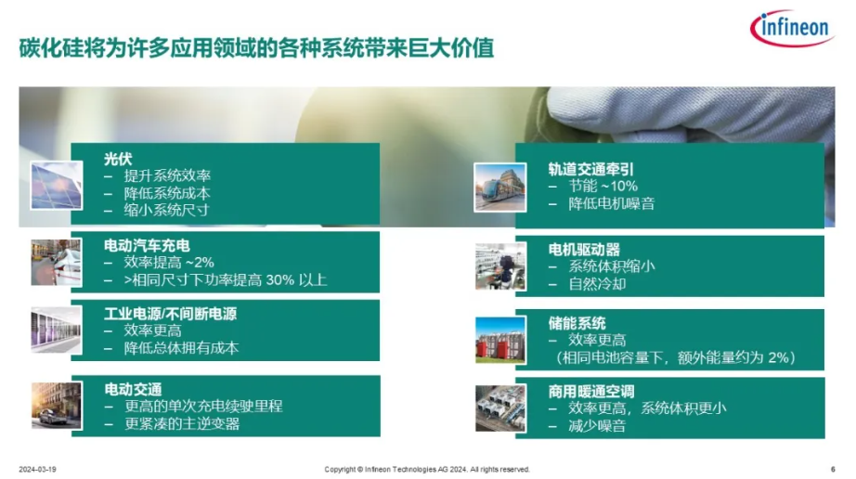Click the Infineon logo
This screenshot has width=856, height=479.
793,27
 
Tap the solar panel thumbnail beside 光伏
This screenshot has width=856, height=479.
57,186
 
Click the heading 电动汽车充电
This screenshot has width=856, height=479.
147,245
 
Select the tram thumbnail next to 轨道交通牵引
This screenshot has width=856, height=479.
500,188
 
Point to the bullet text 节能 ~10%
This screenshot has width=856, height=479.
603,186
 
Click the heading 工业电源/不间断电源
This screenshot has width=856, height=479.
170,314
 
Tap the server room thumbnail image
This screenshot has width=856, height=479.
57,330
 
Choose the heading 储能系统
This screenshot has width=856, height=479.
577,323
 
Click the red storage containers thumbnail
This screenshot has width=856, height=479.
500,340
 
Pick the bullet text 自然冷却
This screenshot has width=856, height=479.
597,284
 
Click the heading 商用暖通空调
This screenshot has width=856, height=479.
591,391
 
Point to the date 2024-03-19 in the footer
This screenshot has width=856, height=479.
38,469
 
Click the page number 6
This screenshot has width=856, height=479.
833,469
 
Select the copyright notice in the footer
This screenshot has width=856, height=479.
427,469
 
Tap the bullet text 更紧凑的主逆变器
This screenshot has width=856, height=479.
182,424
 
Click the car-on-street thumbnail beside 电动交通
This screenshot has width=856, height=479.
57,406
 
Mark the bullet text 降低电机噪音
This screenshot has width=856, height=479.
612,203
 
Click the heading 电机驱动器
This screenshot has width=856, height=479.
584,250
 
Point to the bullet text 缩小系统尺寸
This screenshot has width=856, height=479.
166,210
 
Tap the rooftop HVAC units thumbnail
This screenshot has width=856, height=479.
501,408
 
